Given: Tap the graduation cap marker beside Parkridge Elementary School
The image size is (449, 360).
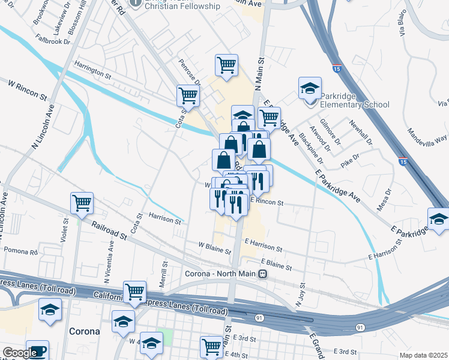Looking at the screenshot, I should (x=310, y=89).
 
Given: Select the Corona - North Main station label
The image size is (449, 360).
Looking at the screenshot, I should (x=220, y=274).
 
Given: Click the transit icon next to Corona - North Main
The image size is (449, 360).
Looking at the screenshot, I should (x=262, y=274).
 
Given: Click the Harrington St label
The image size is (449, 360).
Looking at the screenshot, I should (x=92, y=70).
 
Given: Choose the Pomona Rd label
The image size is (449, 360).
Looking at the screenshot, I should (x=20, y=250).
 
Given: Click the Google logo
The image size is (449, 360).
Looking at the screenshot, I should (x=20, y=353).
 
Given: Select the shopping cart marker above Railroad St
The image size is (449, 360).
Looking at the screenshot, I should (x=82, y=203).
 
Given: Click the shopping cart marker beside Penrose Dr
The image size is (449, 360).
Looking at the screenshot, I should (x=188, y=95).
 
